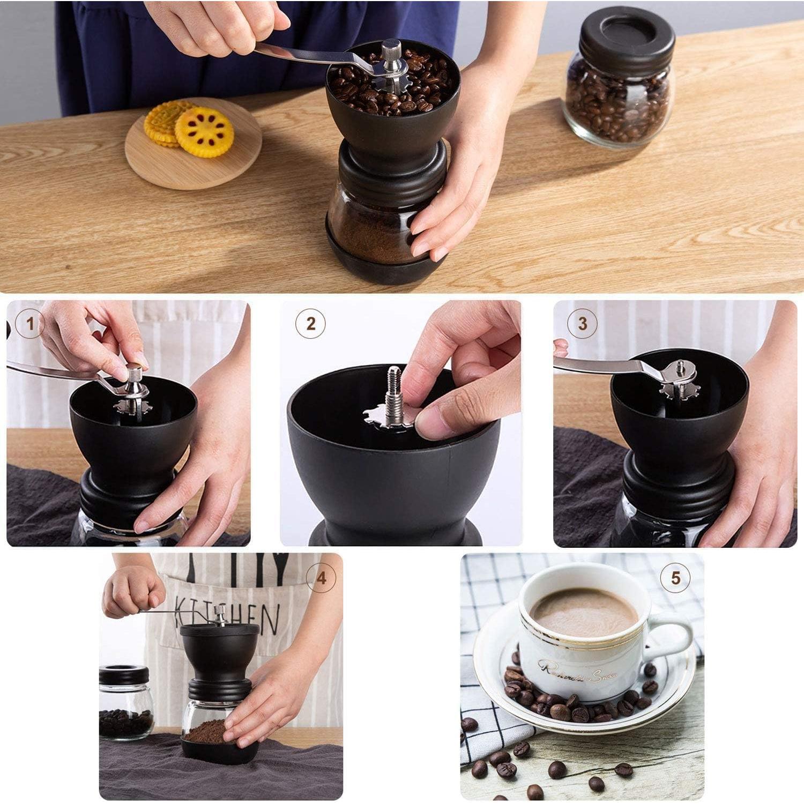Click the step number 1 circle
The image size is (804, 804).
[x=30, y=323]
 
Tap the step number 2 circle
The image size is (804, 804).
[x=311, y=323]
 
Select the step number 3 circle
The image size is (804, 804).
[x=583, y=323]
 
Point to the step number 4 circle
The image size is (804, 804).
[x=321, y=578]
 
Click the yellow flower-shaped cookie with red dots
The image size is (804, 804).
[x=204, y=132]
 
